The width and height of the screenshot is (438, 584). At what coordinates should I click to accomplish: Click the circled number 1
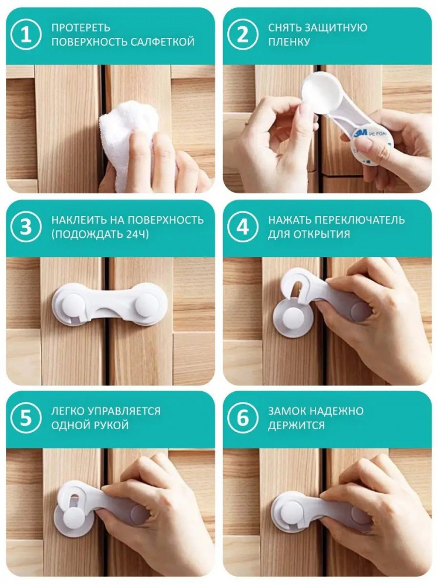click(26, 35)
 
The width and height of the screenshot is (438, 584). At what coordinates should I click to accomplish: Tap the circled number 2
click(242, 35)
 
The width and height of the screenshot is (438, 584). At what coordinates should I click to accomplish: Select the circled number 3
click(26, 227)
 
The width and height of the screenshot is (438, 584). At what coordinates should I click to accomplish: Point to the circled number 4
click(242, 227)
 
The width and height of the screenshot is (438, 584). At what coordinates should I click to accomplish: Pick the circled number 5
click(26, 418)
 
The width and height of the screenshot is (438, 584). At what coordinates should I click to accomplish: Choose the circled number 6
click(242, 418)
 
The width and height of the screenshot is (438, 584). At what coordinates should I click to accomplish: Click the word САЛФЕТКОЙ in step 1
click(163, 41)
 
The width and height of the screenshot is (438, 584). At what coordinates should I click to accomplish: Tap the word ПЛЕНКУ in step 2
click(289, 41)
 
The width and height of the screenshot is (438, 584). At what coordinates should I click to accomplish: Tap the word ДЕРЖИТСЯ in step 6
click(297, 425)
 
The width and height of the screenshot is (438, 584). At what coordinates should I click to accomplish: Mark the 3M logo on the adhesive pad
click(361, 133)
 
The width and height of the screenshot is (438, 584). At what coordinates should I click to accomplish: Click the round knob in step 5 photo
click(75, 519)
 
